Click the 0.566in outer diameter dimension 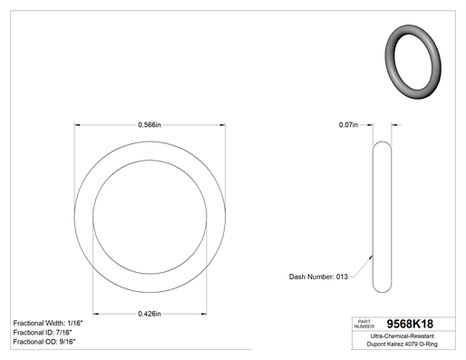(150, 124)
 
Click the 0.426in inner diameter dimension (150, 314)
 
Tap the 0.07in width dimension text (348, 124)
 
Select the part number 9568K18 (410, 324)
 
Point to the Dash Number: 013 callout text (318, 277)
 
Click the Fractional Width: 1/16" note (48, 323)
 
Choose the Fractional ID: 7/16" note (43, 333)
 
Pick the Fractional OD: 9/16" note (44, 342)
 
